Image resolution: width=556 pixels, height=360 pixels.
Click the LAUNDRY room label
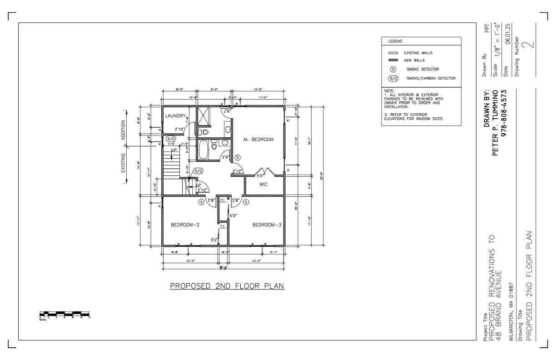[175, 116]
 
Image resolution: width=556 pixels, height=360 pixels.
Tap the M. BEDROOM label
[258, 140]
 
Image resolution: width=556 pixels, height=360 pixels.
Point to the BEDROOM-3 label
[267, 225]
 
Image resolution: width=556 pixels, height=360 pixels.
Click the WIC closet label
[263, 185]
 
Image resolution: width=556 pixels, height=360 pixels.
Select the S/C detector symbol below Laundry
[171, 139]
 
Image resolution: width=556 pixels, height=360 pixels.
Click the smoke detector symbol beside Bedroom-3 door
[246, 202]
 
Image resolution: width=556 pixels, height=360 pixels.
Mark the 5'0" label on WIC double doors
[261, 175]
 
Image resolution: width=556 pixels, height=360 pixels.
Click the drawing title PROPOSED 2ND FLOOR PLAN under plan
[227, 286]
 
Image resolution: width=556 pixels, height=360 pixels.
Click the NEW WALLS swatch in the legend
[393, 60]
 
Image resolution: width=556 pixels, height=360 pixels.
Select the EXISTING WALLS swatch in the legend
[393, 53]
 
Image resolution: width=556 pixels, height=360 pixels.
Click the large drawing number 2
[529, 44]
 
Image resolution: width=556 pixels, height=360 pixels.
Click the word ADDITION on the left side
[123, 131]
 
